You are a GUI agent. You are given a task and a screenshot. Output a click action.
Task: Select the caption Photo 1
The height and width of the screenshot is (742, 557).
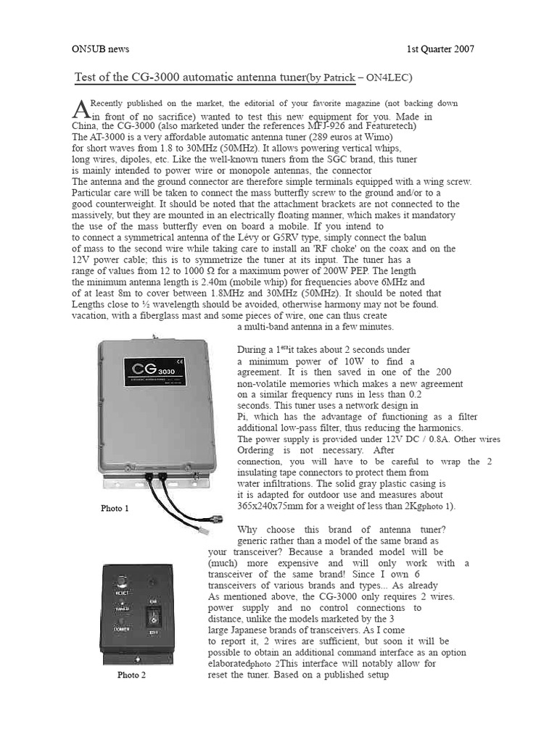pos(115,509)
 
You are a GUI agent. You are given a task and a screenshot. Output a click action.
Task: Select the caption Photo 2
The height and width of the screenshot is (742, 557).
pos(132,675)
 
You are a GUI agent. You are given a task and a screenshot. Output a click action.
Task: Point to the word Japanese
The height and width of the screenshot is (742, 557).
pos(247,630)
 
